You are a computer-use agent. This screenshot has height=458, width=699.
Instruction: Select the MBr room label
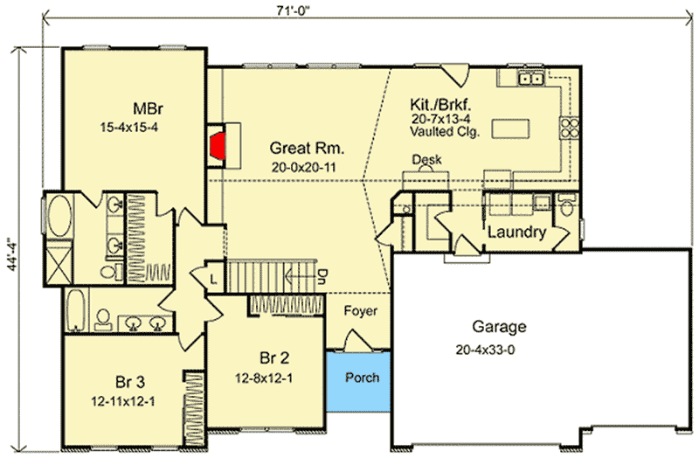click(x=147, y=110)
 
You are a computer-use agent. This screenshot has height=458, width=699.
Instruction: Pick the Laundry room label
click(x=516, y=233)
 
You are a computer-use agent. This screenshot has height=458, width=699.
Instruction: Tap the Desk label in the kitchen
click(x=427, y=160)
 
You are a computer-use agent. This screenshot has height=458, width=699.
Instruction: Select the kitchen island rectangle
click(x=510, y=128)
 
